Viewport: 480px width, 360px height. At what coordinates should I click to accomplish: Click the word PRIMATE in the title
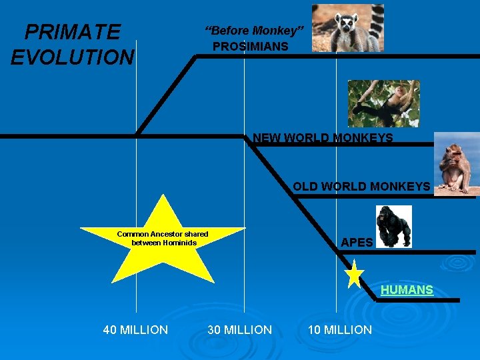[x=72, y=32]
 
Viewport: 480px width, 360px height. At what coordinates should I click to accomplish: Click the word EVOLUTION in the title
[x=72, y=57]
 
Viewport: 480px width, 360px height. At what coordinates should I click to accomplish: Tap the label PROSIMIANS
[x=251, y=47]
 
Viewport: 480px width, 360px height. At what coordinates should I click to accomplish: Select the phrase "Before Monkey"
[x=254, y=31]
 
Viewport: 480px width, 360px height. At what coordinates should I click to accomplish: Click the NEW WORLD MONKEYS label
[x=323, y=139]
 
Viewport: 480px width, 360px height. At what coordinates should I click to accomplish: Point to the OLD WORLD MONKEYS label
[x=361, y=187]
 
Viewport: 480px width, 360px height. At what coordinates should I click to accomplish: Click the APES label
[x=357, y=243]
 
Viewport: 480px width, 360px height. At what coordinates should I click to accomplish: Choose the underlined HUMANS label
[x=407, y=290]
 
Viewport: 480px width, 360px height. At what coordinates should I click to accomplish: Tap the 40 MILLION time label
[x=135, y=329]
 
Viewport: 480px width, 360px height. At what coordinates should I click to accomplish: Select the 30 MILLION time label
[x=239, y=329]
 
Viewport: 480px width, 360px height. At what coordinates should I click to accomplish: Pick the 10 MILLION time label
[x=339, y=329]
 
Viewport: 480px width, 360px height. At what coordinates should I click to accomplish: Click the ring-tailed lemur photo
[x=347, y=28]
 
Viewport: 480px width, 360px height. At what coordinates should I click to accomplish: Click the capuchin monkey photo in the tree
[x=383, y=103]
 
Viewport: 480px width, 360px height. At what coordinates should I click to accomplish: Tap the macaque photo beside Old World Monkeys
[x=456, y=163]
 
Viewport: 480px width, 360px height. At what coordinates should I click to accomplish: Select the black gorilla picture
[x=394, y=227]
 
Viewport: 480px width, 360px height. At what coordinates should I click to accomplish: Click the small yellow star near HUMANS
[x=354, y=275]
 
